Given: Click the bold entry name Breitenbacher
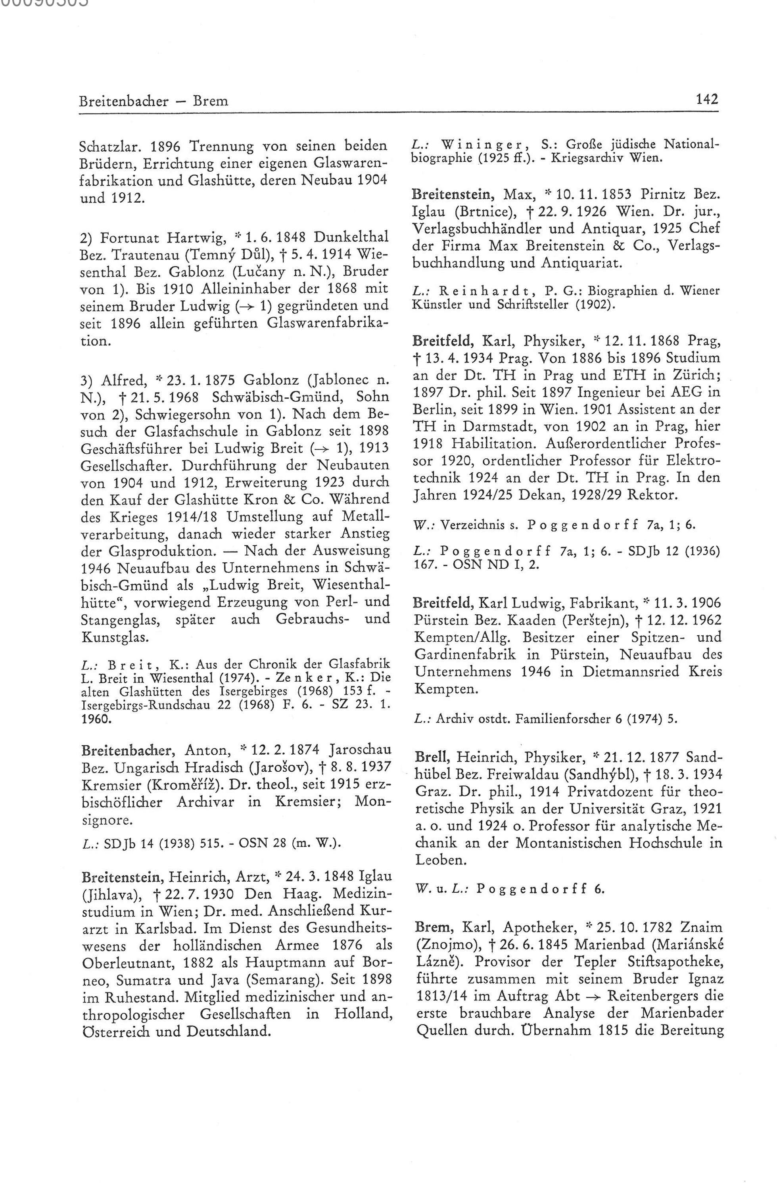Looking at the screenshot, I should coord(129,750).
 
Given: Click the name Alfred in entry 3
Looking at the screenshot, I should coord(120,380).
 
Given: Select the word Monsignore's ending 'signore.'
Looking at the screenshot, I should coord(106,821).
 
